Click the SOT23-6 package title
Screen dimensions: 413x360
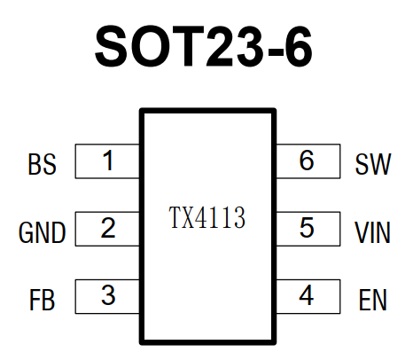(204, 46)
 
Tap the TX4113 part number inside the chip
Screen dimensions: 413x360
(207, 218)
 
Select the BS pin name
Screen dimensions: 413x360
(42, 164)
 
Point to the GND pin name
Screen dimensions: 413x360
(42, 232)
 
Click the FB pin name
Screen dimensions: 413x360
(42, 300)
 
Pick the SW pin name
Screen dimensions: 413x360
(373, 164)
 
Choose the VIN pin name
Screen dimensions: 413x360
(372, 232)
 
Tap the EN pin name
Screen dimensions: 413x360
(373, 300)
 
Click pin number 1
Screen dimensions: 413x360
(108, 160)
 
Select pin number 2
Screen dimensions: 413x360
(108, 228)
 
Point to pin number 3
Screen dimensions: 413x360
(108, 295)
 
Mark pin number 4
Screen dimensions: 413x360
(307, 295)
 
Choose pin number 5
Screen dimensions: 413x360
(307, 228)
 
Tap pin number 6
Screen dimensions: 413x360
(307, 160)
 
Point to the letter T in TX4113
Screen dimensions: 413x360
(175, 218)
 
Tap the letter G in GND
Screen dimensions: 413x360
(26, 232)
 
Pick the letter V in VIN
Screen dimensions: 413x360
(362, 232)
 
